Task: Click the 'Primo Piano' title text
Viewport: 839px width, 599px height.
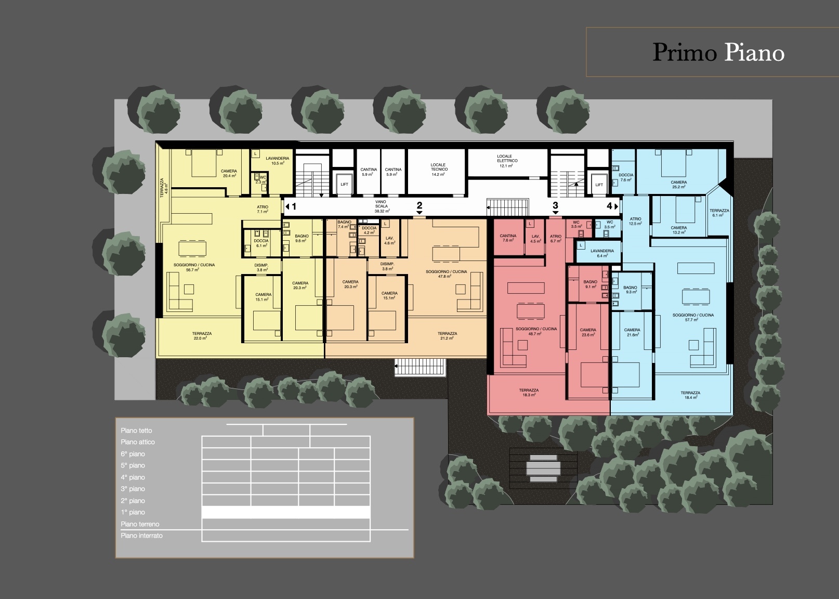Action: (718, 53)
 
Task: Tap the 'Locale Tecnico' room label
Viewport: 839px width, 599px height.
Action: (438, 170)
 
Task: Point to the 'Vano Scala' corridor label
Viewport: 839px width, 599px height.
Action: (381, 206)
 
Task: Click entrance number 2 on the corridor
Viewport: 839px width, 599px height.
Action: (419, 206)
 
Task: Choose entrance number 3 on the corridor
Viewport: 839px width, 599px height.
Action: (555, 206)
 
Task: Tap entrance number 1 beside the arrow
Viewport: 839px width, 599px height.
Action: (294, 206)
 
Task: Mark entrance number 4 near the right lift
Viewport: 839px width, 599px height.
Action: (609, 206)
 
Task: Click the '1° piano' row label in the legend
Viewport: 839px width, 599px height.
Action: (133, 512)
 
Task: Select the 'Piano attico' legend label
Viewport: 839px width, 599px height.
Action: (138, 442)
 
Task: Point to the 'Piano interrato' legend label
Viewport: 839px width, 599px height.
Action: (141, 536)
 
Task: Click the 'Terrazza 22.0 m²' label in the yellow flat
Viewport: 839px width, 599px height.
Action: (202, 336)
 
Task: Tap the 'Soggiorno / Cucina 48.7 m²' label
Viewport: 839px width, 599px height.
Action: (536, 331)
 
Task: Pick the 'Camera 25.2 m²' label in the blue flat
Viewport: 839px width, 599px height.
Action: (679, 185)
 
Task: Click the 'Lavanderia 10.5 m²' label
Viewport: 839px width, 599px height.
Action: (277, 161)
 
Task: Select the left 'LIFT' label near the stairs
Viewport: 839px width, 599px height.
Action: (344, 185)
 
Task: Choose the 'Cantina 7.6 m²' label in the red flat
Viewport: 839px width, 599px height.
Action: (508, 238)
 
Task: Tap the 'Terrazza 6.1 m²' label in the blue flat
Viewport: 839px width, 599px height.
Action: (719, 213)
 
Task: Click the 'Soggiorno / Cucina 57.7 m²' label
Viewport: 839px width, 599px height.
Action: (693, 317)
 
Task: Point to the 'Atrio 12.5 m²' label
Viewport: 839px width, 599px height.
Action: (635, 221)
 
